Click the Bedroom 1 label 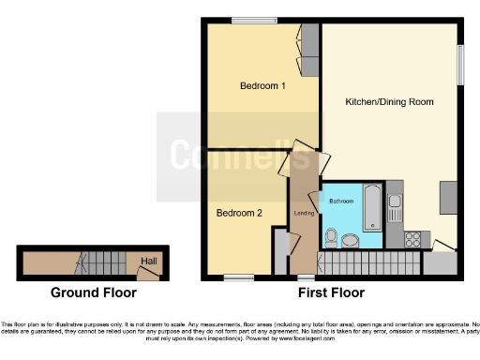coord(262,86)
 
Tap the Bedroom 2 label coord(239,213)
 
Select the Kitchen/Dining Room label coord(389,101)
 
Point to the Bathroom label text coord(340,202)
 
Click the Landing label coord(304,214)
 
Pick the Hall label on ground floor coord(148,261)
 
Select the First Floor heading coord(331,292)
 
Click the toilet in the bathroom coord(330,235)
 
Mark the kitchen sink coord(395,201)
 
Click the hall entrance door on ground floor coord(145,273)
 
